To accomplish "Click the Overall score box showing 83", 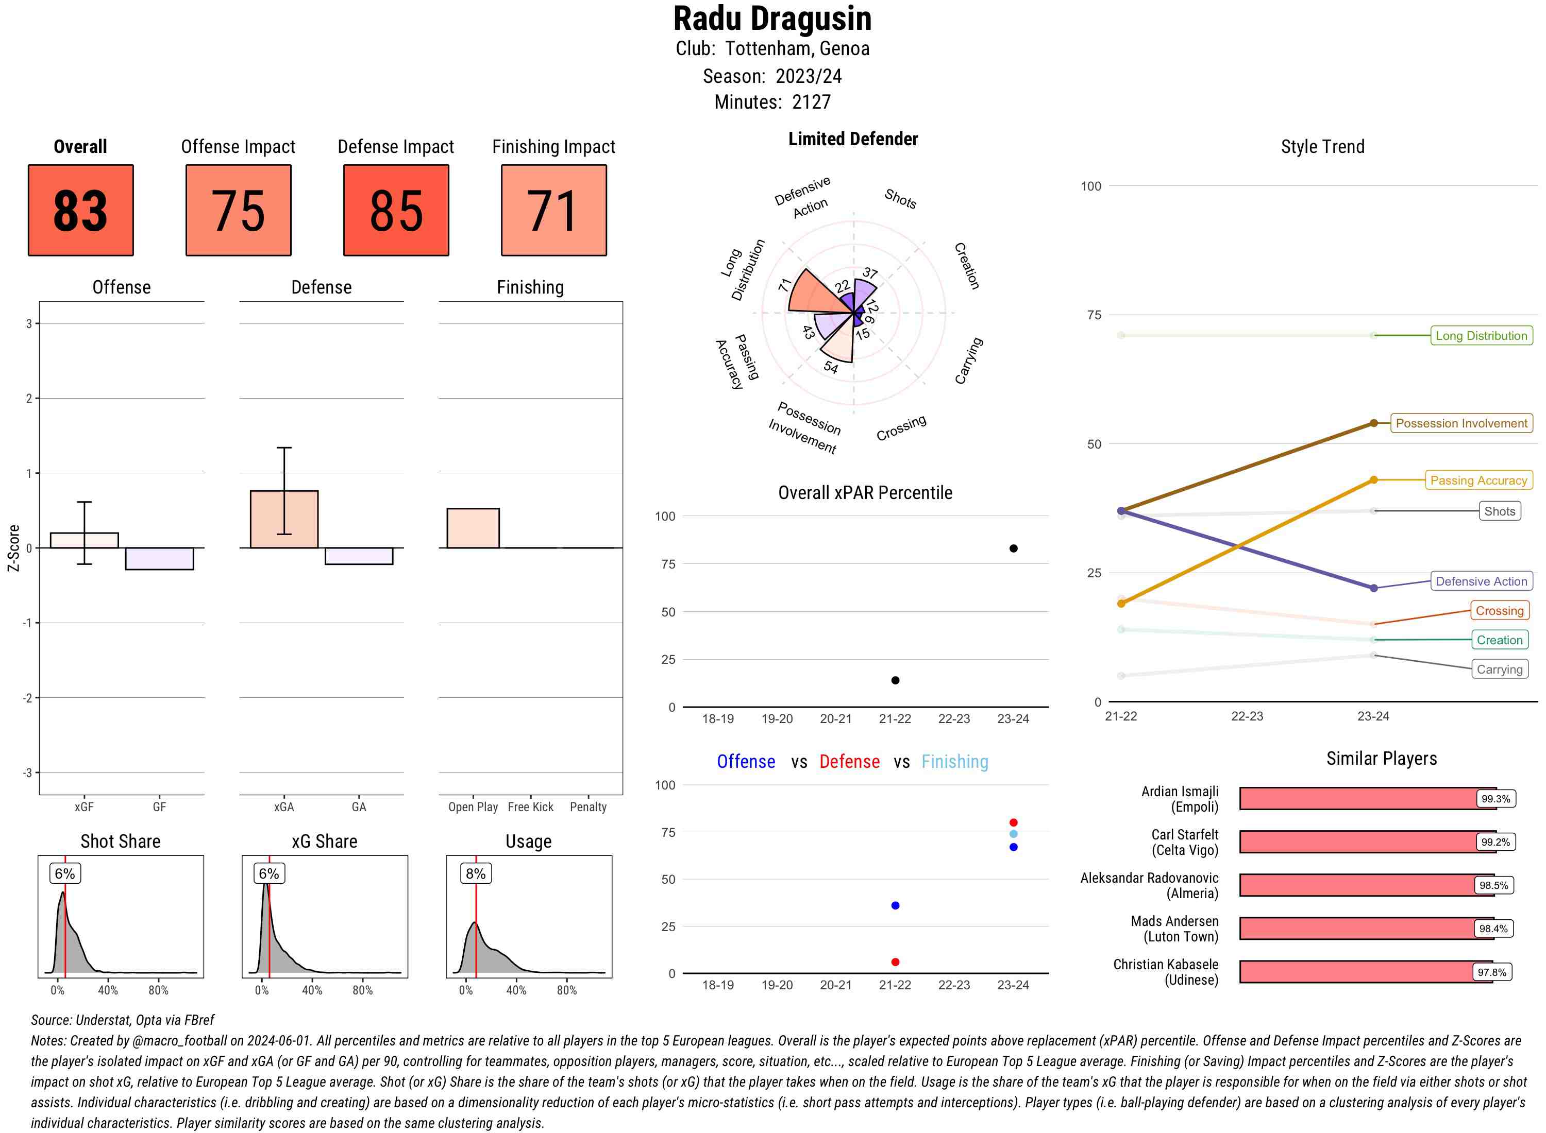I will pos(80,210).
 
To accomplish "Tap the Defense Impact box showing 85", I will pos(396,210).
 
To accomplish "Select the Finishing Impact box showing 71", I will pos(554,210).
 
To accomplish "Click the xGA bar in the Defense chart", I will pos(284,519).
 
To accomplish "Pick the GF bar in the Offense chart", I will pos(159,558).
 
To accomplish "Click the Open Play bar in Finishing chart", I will pos(473,528).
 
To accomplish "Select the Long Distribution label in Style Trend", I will pos(1482,335).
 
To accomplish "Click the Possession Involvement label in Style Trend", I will pos(1461,423).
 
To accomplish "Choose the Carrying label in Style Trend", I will pos(1499,669).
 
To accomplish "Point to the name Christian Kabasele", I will pos(1166,964).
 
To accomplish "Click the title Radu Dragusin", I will pos(772,19).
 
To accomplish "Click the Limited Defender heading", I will pos(853,139).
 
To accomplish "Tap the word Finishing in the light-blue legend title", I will pos(954,762).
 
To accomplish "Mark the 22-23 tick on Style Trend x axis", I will pos(1247,716).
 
